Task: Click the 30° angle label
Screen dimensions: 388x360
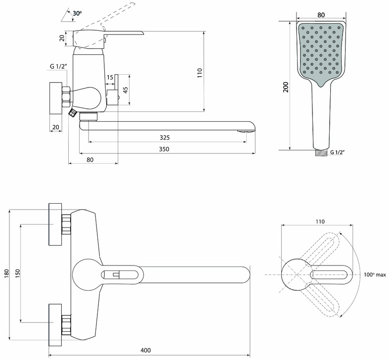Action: point(77,13)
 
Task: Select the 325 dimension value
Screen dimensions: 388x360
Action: point(165,137)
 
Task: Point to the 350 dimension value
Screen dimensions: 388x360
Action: point(164,149)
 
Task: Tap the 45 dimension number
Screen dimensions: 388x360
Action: point(126,90)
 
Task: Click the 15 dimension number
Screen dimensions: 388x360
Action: point(110,77)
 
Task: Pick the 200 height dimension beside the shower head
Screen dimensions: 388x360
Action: point(286,87)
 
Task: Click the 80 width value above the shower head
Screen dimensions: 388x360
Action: point(321,15)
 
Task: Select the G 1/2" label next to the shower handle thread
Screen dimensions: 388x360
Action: point(338,152)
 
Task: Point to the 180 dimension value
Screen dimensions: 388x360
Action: point(6,273)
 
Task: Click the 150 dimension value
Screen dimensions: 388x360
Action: point(18,273)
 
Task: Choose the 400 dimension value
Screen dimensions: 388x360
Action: point(145,350)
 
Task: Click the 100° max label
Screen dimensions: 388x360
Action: point(375,275)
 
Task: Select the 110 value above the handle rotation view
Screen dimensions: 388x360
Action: point(320,222)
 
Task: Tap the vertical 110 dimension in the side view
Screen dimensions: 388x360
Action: point(200,73)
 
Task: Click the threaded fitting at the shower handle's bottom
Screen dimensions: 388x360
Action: point(321,153)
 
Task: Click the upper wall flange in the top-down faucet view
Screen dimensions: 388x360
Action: point(55,225)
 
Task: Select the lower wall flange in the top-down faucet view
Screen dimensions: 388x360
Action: point(55,325)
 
